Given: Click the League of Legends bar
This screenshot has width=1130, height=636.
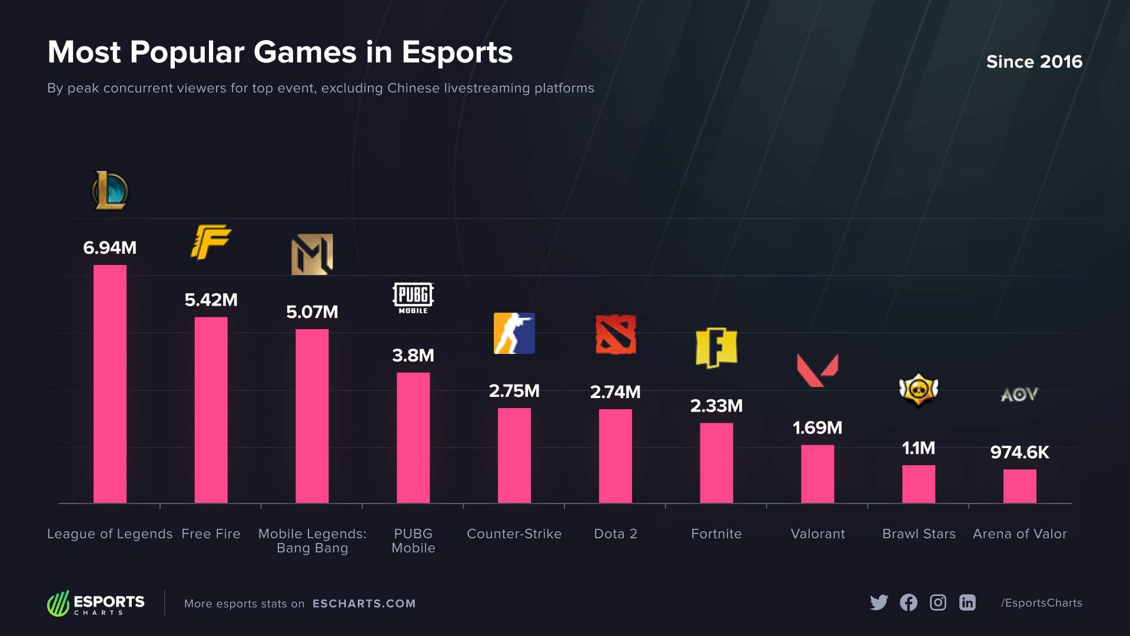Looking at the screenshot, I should (x=110, y=384).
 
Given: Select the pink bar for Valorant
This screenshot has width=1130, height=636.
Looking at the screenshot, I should (x=817, y=474).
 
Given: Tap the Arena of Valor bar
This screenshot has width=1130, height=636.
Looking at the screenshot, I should (x=1019, y=486).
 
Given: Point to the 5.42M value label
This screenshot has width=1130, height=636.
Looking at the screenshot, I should (x=211, y=300).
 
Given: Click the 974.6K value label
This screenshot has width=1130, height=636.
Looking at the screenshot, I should (x=1019, y=452).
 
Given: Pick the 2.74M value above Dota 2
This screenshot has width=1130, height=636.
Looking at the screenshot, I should (x=615, y=392).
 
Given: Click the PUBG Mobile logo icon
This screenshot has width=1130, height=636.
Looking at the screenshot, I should (x=413, y=298).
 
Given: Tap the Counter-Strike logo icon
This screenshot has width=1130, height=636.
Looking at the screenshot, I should (x=514, y=333).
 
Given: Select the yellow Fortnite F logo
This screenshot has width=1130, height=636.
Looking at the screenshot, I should (x=716, y=347).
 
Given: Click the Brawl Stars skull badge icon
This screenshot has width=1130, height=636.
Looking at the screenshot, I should (x=919, y=390).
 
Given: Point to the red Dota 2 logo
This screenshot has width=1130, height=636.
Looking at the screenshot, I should (x=616, y=334).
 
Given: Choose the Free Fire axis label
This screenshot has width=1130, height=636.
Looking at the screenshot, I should (x=211, y=534).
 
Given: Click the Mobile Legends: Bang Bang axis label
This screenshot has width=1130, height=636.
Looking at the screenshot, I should (x=312, y=541).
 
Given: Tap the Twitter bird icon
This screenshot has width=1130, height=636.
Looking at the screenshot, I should (x=879, y=602).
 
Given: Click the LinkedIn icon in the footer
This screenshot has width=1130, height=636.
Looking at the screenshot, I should (x=968, y=602).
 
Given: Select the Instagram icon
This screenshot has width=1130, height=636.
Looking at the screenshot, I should (x=938, y=602).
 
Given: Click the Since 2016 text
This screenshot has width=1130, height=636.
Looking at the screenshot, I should (x=1034, y=62).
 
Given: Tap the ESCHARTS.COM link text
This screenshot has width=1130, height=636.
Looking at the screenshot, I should (x=364, y=604).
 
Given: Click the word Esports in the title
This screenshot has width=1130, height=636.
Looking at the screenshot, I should (x=457, y=52).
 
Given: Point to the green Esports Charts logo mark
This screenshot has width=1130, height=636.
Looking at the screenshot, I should (x=58, y=604).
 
